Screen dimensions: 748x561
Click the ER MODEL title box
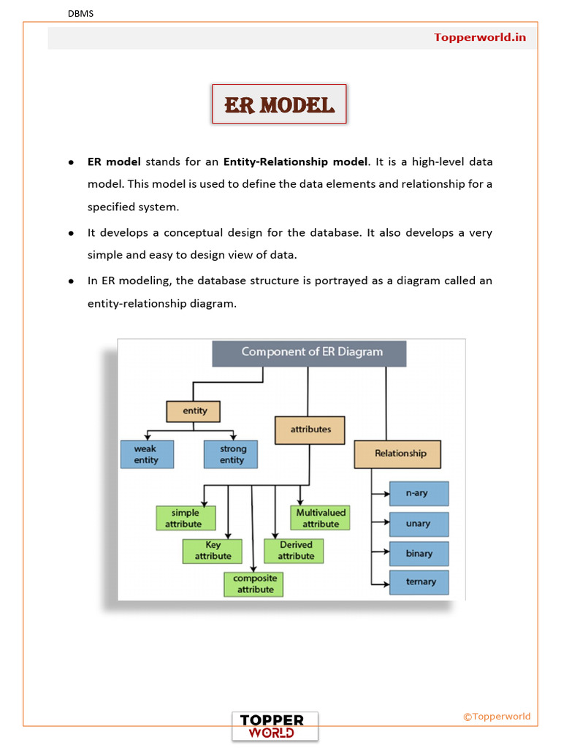coord(279,104)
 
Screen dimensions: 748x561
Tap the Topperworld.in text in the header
coord(480,37)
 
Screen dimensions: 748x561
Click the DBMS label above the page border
coord(80,14)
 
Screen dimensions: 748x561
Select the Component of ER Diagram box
coord(309,352)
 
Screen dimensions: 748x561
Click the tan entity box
coord(193,411)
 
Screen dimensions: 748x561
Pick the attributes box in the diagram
coord(310,430)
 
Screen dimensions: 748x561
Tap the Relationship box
coord(397,454)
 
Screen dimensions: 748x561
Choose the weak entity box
coord(147,454)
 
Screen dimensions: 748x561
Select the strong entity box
coord(232,454)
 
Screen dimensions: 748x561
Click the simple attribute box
coord(186,518)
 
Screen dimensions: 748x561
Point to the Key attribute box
coord(212,551)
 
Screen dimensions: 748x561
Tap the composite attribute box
coord(254,584)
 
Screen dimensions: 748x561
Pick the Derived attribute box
coord(294,551)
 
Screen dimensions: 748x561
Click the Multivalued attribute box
coord(320,518)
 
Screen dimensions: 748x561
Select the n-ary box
coord(418,494)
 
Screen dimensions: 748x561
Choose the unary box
coord(418,524)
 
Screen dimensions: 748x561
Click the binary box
coord(418,553)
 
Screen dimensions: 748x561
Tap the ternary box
coord(418,582)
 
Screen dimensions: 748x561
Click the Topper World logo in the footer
coord(275,726)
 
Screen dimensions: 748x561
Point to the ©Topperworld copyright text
coord(497,717)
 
